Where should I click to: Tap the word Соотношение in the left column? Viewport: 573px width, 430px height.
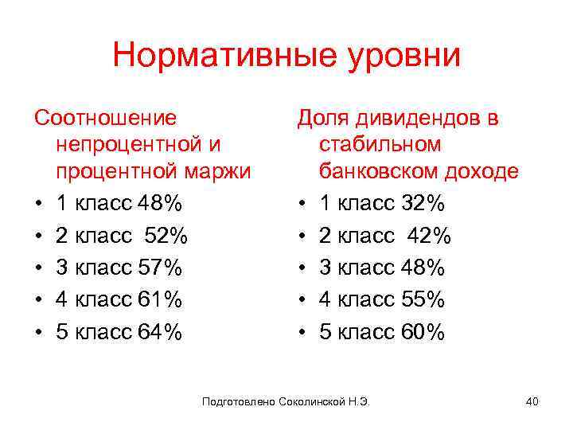(x=105, y=119)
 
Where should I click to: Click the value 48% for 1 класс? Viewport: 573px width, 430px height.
(x=159, y=204)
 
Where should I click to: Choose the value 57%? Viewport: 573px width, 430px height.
(x=159, y=268)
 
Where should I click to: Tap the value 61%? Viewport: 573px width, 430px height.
(x=159, y=300)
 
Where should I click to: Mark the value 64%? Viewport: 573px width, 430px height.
(x=159, y=332)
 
